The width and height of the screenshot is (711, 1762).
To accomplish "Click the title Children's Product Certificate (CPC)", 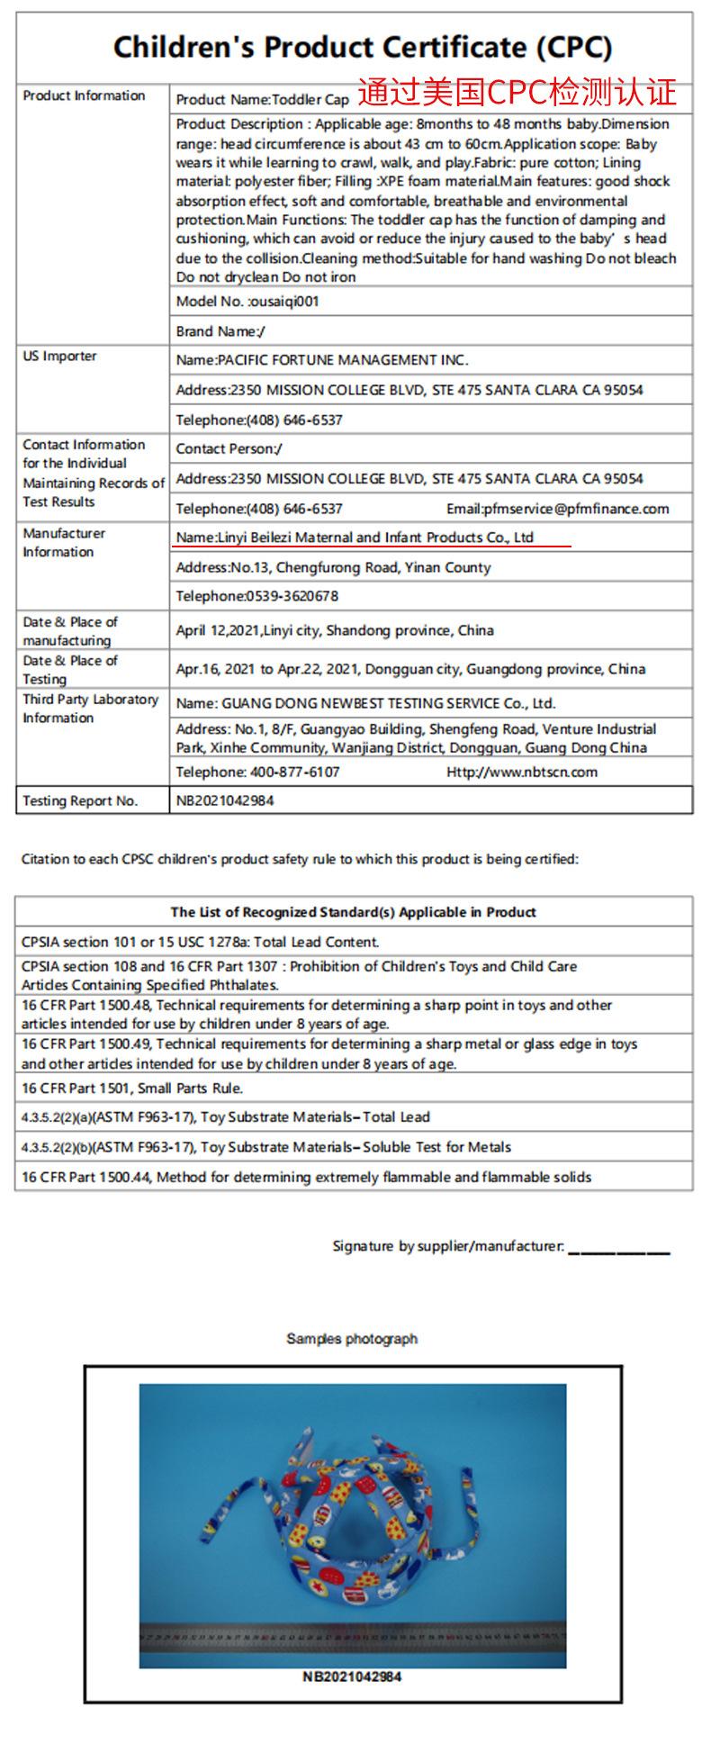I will pyautogui.click(x=363, y=47).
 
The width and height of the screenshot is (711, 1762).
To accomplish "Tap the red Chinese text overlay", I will pyautogui.click(x=517, y=92).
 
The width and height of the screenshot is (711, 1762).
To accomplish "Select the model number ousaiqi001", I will pyautogui.click(x=247, y=302).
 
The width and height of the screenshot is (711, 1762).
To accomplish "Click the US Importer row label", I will pyautogui.click(x=59, y=357).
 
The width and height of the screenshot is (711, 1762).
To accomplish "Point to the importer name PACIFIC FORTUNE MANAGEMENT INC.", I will pyautogui.click(x=322, y=360).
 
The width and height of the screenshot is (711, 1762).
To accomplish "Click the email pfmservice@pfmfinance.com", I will pyautogui.click(x=558, y=509).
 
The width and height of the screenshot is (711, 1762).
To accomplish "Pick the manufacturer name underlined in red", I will pyautogui.click(x=355, y=538).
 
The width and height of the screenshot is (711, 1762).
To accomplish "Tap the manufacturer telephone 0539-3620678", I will pyautogui.click(x=257, y=596).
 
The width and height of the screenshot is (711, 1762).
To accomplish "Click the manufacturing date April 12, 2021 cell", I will pyautogui.click(x=335, y=630).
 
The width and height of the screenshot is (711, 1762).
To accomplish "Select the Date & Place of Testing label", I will pyautogui.click(x=70, y=669).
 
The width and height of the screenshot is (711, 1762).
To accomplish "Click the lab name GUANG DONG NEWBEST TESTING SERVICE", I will pyautogui.click(x=365, y=703).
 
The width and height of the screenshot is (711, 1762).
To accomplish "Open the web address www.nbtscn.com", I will pyautogui.click(x=522, y=772).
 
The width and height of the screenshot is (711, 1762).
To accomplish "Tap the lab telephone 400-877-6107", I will pyautogui.click(x=258, y=772).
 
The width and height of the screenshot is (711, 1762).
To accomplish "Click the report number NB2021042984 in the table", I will pyautogui.click(x=225, y=800).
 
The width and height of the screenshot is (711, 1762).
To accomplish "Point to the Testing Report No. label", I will pyautogui.click(x=80, y=800).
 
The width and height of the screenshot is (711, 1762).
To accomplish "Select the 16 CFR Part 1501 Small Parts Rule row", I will pyautogui.click(x=132, y=1088).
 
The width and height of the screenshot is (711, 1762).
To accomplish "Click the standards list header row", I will pyautogui.click(x=354, y=912).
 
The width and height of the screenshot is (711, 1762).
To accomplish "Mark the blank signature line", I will pyautogui.click(x=619, y=1249).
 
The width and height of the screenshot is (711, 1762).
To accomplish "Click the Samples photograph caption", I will pyautogui.click(x=352, y=1339).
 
